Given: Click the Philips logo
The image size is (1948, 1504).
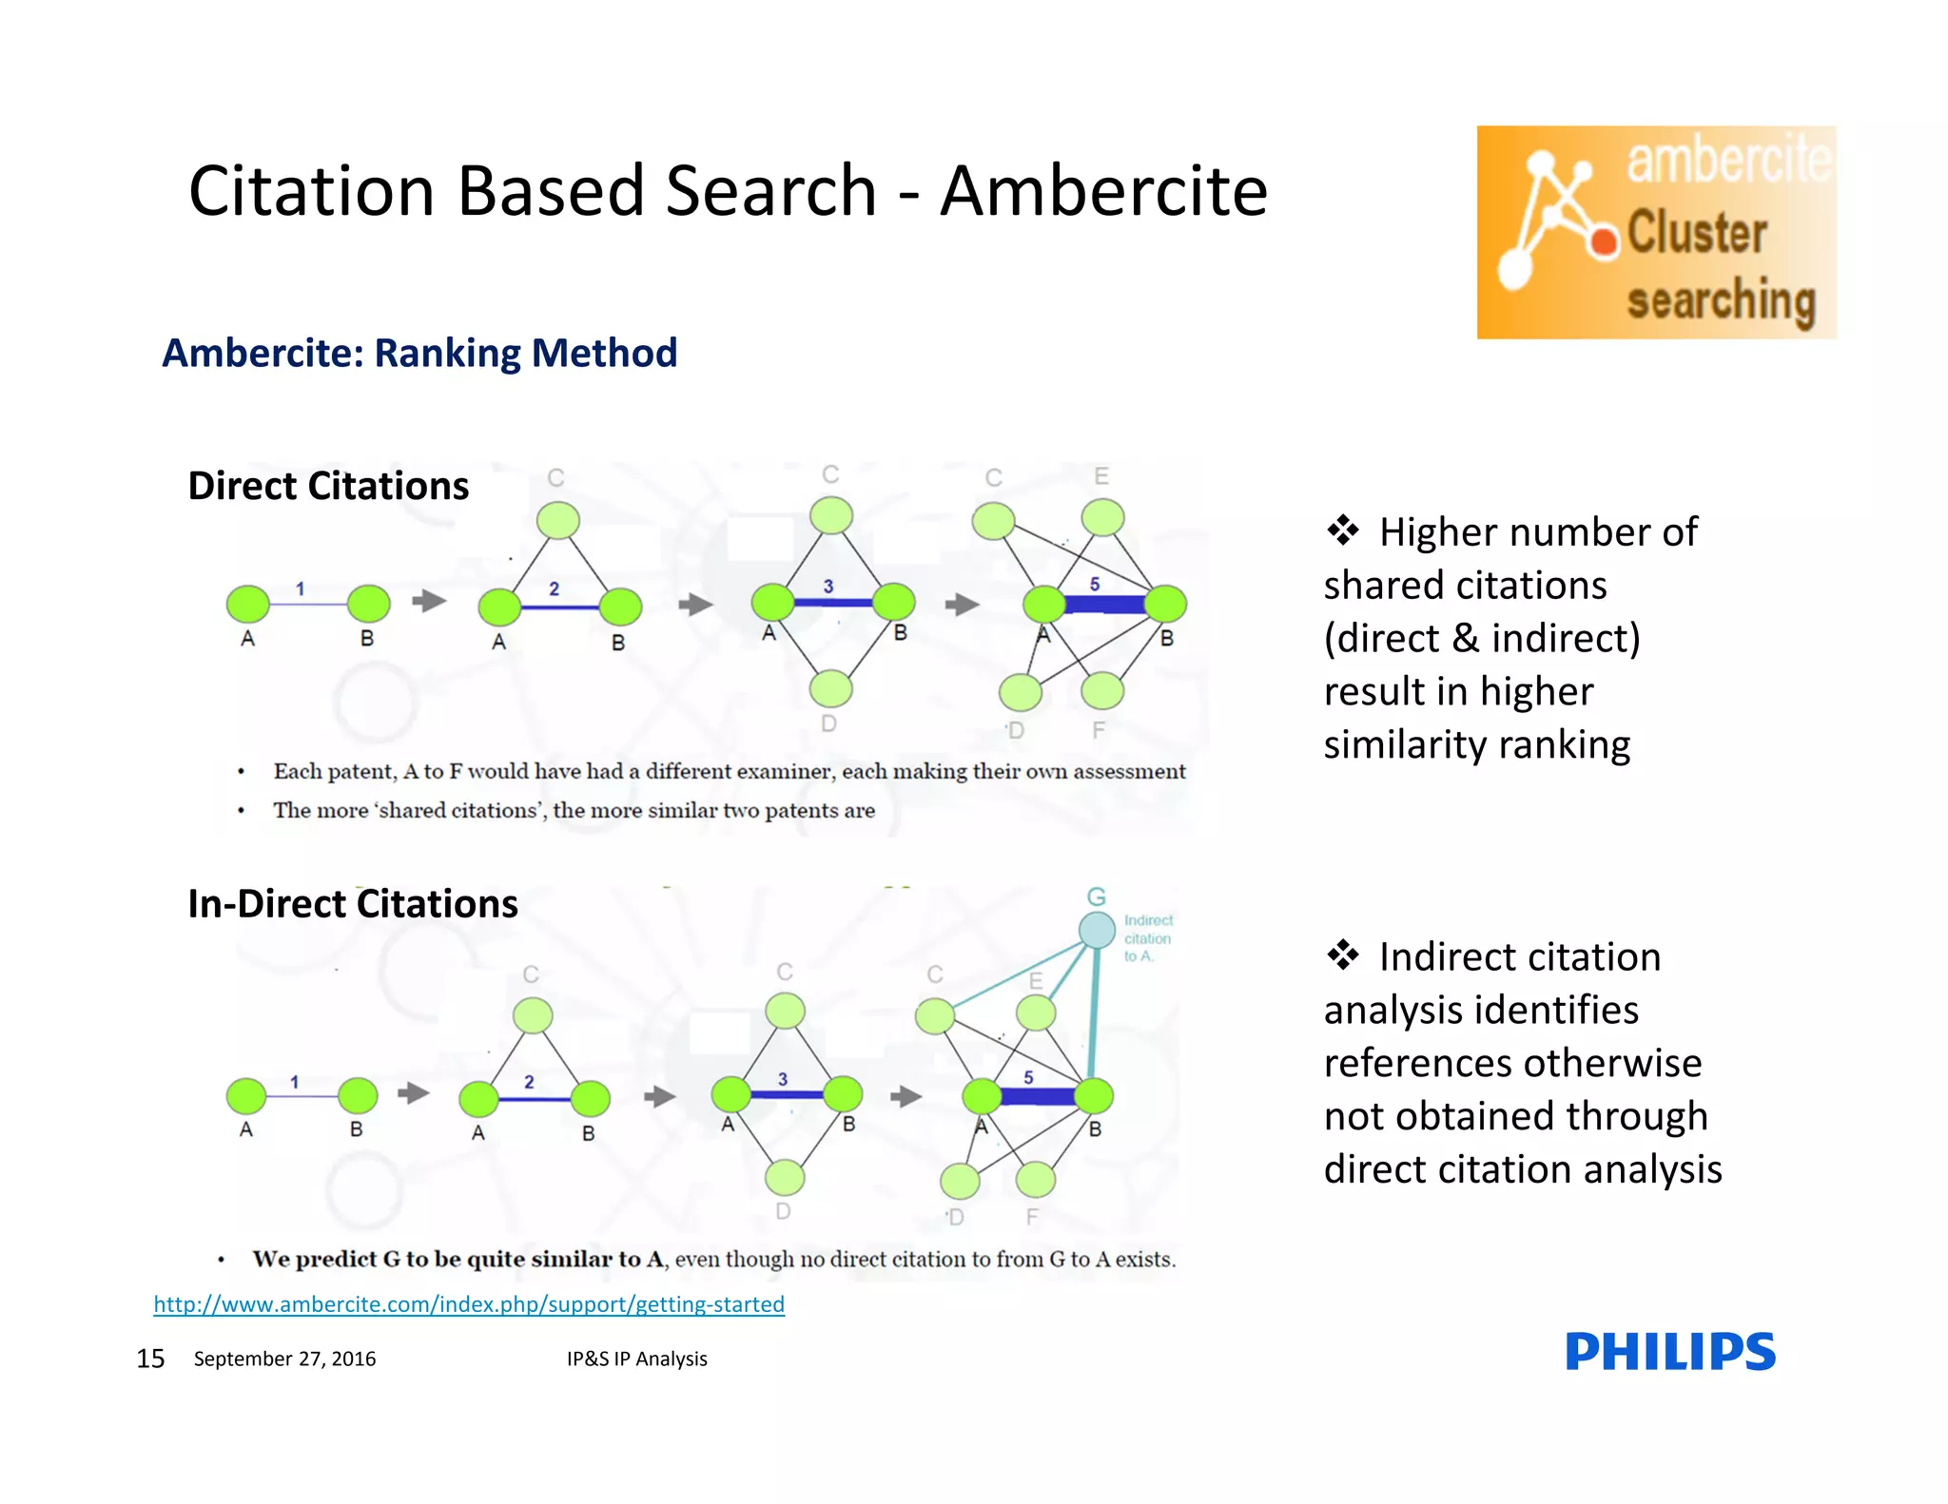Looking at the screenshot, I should click(x=1669, y=1351).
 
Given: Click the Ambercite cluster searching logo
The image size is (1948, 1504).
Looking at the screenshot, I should click(x=1655, y=232).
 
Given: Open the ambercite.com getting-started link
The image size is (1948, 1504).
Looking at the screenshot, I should click(x=469, y=1303).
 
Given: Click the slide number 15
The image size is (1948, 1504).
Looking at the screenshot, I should click(x=150, y=1359).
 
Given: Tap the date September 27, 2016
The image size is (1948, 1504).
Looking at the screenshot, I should click(x=284, y=1359).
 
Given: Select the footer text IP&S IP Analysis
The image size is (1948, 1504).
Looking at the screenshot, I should click(x=636, y=1359).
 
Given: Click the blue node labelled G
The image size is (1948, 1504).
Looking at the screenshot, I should click(x=1096, y=929).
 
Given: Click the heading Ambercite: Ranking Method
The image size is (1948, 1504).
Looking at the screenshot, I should click(x=419, y=353).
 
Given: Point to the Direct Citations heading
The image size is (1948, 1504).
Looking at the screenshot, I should click(x=328, y=486).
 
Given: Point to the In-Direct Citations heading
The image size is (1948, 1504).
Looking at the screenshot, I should click(x=353, y=903).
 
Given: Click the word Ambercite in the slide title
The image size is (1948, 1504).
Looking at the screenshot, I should click(x=1103, y=191).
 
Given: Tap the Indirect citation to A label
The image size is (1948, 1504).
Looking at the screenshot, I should click(x=1147, y=938).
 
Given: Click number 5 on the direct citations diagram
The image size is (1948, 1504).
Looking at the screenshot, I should click(x=1094, y=584).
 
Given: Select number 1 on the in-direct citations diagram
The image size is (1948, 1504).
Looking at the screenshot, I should click(x=295, y=1082).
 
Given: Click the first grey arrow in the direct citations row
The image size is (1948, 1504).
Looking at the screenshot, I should click(x=429, y=601).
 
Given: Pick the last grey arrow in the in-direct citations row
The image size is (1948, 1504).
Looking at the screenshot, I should click(x=906, y=1096).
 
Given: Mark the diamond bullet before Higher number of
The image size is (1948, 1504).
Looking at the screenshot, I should click(x=1342, y=530).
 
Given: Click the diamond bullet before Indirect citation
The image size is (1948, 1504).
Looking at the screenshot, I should click(x=1342, y=954).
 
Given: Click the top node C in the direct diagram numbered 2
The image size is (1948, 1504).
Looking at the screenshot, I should click(x=557, y=520).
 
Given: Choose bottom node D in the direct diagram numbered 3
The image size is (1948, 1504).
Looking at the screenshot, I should click(x=831, y=688).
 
